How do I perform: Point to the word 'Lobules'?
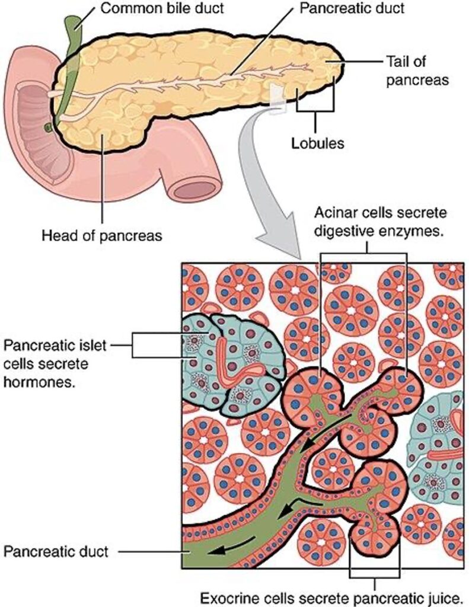pos(317,143)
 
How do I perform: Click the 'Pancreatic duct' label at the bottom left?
pos(56,552)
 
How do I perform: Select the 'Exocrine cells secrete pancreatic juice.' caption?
pos(334,596)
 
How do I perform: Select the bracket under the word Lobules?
pos(316,110)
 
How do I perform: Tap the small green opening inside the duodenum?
pos(46,127)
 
